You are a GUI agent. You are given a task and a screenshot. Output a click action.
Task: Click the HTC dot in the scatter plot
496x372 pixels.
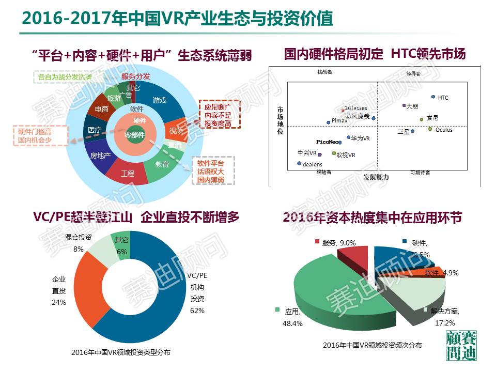(x=433, y=97)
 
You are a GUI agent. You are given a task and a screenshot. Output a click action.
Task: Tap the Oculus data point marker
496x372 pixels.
(x=430, y=129)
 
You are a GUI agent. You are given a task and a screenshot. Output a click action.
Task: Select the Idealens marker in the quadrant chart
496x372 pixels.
(x=299, y=164)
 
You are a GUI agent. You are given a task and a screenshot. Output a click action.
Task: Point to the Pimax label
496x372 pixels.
(x=339, y=120)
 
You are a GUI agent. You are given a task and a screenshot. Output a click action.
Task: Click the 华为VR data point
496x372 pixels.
(x=349, y=138)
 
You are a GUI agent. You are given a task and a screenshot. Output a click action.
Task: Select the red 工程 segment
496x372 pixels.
(x=127, y=174)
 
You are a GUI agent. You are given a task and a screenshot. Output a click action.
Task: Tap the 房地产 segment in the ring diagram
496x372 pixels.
(x=100, y=155)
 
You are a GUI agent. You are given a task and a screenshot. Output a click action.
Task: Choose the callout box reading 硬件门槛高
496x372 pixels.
(x=35, y=135)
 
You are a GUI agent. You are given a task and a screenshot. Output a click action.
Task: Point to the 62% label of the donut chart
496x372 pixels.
(x=197, y=311)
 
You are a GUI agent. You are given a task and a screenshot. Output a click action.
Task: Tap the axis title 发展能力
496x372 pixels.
(x=376, y=177)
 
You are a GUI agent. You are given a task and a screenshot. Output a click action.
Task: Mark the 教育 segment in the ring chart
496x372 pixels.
(x=162, y=164)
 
